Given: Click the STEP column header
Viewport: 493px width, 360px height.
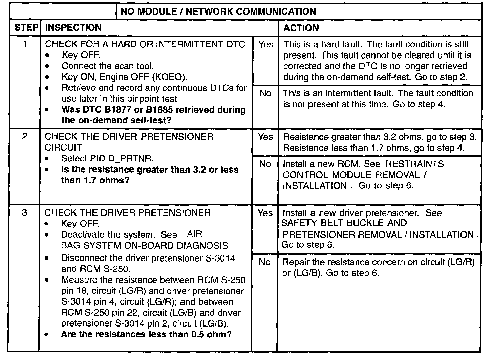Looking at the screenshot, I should click(x=26, y=28).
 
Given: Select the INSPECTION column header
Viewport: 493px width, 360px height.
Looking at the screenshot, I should click(x=73, y=28).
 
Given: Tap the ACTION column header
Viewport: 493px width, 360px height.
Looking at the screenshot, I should click(x=301, y=28).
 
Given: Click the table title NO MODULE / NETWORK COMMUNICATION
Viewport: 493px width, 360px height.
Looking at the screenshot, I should click(x=218, y=12).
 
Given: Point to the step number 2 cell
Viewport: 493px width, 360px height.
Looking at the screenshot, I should click(x=25, y=137).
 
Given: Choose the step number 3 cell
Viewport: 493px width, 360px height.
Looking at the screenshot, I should click(x=25, y=213).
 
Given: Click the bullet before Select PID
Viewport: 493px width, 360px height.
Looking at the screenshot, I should click(x=50, y=159).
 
